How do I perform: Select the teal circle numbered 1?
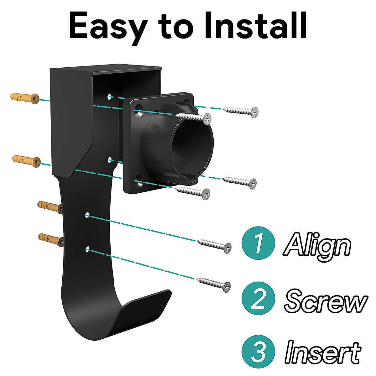pyautogui.click(x=258, y=243)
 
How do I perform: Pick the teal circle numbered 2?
pyautogui.click(x=258, y=299)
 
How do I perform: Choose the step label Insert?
pyautogui.click(x=323, y=352)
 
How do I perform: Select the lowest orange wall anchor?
pyautogui.click(x=50, y=239)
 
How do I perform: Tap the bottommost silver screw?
pyautogui.click(x=214, y=283)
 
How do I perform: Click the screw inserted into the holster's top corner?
pyautogui.click(x=194, y=117)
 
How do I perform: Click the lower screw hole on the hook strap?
pyautogui.click(x=88, y=249)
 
